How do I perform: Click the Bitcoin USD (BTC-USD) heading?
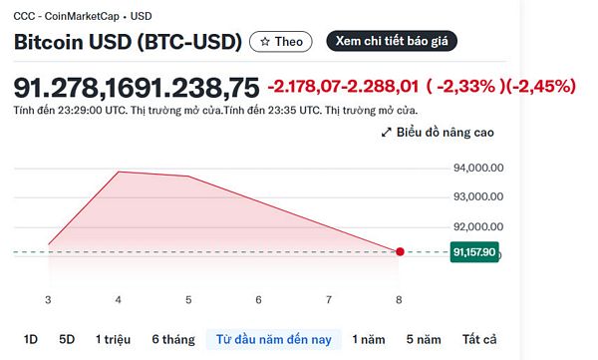128,42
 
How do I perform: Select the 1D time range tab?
30,339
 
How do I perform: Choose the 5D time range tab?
67,339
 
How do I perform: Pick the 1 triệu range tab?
113,339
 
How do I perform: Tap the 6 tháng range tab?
172,339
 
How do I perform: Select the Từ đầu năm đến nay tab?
273,339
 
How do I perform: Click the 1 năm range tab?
370,339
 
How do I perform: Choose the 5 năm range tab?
424,339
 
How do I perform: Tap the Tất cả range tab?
478,339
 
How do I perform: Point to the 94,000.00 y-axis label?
479,168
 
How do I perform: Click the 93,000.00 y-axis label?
479,197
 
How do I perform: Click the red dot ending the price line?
400,252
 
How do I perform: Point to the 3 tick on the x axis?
48,299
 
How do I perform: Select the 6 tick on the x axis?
258,299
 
